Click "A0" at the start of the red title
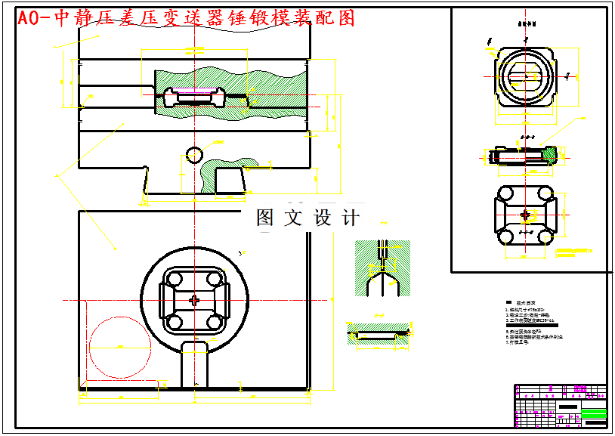pyautogui.click(x=29, y=19)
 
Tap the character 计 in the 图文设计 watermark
pyautogui.click(x=351, y=218)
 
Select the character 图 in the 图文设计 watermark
pyautogui.click(x=265, y=218)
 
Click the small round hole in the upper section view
pyautogui.click(x=194, y=154)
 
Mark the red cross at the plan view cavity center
pyautogui.click(x=196, y=301)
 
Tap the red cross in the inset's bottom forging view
pyautogui.click(x=526, y=215)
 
